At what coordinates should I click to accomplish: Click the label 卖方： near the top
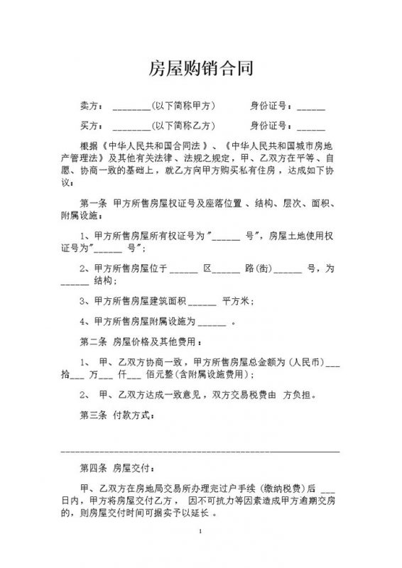[90, 106]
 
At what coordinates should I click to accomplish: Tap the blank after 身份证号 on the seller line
[310, 108]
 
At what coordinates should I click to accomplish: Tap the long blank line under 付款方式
[201, 450]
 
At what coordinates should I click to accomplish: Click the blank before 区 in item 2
[183, 271]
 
